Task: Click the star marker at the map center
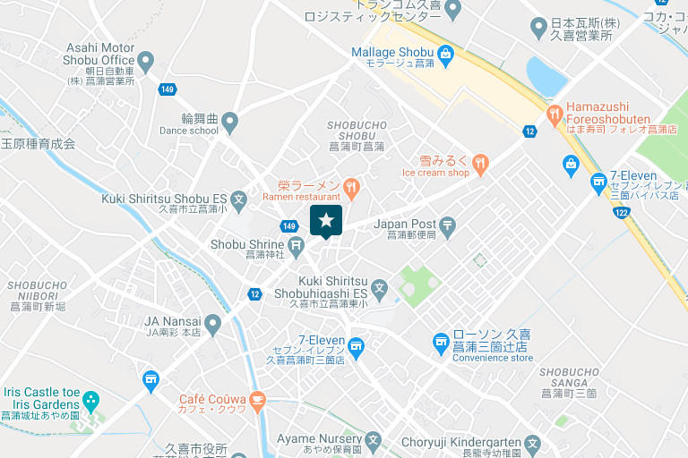coord(326,220)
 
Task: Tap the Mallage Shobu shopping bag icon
coord(445,53)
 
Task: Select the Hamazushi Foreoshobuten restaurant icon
coord(555,114)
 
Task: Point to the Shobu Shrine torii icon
coord(297,244)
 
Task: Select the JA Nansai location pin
coord(212,323)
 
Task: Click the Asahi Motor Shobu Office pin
coord(146,61)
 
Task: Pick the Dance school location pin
coord(230,120)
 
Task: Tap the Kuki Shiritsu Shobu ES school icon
coord(239,199)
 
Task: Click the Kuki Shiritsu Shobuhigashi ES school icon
coord(380,288)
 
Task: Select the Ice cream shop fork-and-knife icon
coord(481,162)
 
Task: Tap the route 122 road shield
coord(621,212)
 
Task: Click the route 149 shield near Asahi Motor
coord(167,89)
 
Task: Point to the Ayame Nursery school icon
coord(374,440)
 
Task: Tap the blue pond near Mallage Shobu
coord(546,76)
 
